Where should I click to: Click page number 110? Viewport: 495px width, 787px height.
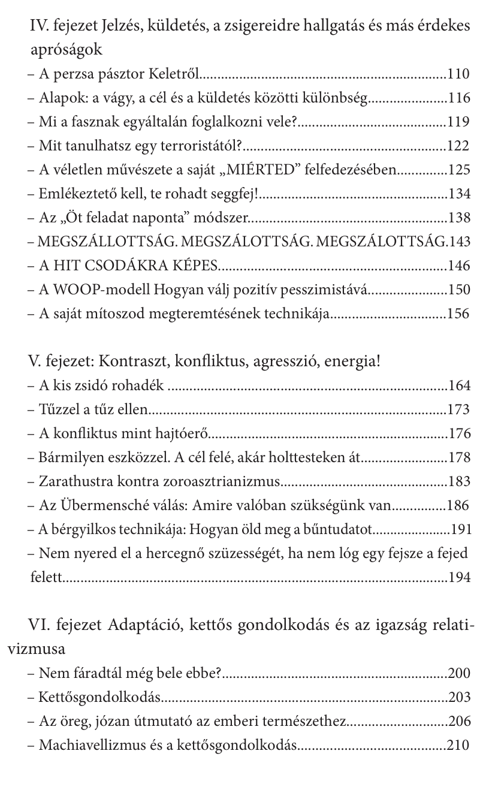(458, 74)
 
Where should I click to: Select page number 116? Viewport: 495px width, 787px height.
(458, 98)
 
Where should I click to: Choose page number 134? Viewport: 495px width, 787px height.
(458, 194)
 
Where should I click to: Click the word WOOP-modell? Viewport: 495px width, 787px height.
(105, 290)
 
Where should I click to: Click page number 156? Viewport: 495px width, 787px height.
(458, 314)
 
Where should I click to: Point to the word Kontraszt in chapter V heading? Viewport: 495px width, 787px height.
(127, 362)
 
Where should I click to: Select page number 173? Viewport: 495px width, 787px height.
(458, 410)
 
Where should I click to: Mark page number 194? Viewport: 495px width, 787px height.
(458, 578)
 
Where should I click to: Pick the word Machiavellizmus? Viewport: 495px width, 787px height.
(89, 746)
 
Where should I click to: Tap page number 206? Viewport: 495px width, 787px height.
(458, 722)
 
